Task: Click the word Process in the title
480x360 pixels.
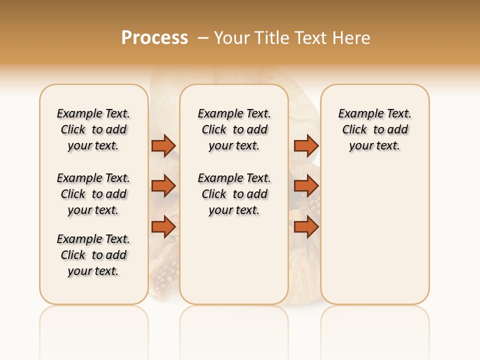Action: (x=154, y=38)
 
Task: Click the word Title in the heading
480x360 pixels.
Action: (x=272, y=38)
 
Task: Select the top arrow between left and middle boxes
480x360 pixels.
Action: (x=163, y=145)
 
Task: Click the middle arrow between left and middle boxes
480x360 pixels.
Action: (x=163, y=186)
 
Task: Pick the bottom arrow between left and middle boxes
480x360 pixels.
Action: (x=163, y=227)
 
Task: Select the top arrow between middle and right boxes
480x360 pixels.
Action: (x=306, y=145)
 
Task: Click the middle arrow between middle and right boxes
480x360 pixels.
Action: (x=306, y=186)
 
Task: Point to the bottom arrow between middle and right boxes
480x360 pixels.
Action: (x=306, y=227)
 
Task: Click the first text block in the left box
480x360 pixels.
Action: (x=93, y=129)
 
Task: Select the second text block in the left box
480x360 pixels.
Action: (x=93, y=194)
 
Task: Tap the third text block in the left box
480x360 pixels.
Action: (x=93, y=255)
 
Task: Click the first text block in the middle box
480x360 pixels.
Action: (x=234, y=129)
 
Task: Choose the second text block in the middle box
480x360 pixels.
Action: (x=234, y=194)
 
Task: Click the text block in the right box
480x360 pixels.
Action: (x=375, y=129)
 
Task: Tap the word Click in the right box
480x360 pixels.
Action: (x=354, y=130)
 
